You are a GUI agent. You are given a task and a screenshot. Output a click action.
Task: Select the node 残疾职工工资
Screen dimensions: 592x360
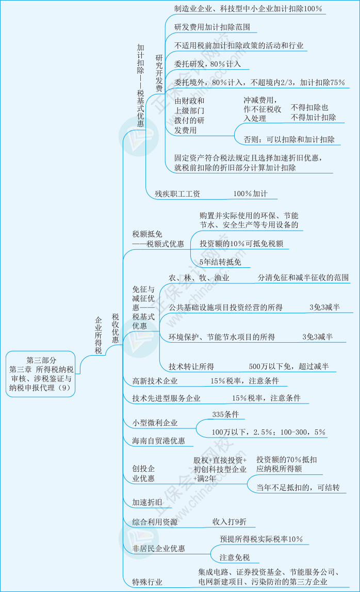click(x=177, y=194)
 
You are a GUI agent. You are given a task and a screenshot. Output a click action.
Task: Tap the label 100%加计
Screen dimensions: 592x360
click(x=250, y=194)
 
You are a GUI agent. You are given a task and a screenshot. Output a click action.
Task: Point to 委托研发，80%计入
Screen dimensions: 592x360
click(x=204, y=65)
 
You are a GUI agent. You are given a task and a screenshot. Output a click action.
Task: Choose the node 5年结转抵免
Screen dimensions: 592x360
click(x=220, y=262)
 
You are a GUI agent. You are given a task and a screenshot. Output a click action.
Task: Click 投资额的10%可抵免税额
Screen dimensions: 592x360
click(x=241, y=244)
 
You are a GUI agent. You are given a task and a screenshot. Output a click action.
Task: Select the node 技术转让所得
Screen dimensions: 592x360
click(x=191, y=366)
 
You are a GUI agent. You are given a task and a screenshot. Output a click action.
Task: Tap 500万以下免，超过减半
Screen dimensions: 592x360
click(x=288, y=366)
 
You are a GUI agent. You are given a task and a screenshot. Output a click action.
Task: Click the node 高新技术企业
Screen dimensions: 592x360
click(x=155, y=381)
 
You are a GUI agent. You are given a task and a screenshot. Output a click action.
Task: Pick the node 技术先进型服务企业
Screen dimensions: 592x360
click(x=166, y=398)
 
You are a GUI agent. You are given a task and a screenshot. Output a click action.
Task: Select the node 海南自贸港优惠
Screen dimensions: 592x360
click(x=158, y=441)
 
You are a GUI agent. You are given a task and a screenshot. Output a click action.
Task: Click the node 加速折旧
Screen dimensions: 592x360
click(x=147, y=502)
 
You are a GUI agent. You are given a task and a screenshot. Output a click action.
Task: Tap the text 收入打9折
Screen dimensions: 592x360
click(x=229, y=522)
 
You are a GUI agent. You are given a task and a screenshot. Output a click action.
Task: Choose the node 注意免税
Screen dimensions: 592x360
click(x=235, y=557)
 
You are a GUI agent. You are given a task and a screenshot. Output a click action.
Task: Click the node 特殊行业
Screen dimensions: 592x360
click(x=147, y=582)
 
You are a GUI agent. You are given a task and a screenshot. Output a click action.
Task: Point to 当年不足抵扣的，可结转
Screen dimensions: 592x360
click(x=302, y=487)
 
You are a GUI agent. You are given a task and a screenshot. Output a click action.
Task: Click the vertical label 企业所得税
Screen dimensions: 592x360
click(x=99, y=335)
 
